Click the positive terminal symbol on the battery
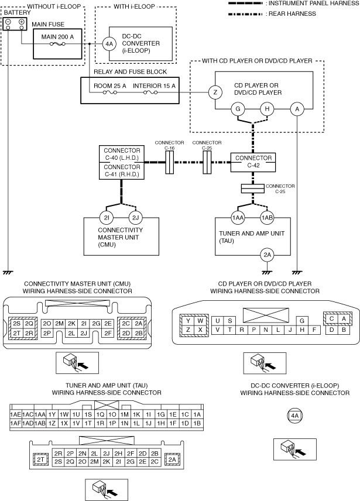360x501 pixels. click(22, 22)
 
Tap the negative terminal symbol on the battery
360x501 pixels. click(8, 22)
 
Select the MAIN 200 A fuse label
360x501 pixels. click(57, 37)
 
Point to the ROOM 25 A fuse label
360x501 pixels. click(110, 86)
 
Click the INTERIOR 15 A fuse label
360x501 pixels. click(155, 86)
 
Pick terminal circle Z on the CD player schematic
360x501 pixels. click(215, 92)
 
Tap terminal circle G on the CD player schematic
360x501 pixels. click(238, 109)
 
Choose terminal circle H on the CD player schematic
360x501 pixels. click(267, 109)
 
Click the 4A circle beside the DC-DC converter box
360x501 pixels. click(109, 44)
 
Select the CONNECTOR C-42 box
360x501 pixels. click(253, 162)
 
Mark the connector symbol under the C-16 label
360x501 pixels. click(169, 162)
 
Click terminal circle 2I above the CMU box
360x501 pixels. click(107, 218)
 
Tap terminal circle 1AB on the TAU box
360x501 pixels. click(267, 218)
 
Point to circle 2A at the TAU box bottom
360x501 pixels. click(267, 255)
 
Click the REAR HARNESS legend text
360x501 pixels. click(292, 13)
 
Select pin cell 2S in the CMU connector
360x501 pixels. click(17, 324)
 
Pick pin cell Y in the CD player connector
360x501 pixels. click(188, 321)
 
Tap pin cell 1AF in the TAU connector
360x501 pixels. click(16, 423)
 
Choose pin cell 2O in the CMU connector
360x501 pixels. click(47, 324)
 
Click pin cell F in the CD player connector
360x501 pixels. click(314, 330)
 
